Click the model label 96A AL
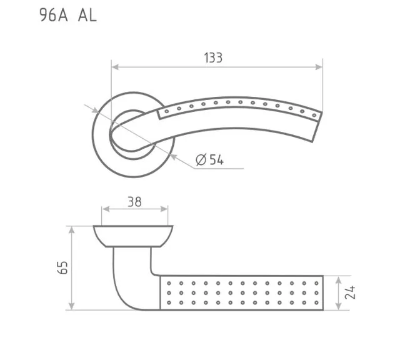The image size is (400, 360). pyautogui.click(x=68, y=15)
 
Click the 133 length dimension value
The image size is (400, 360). pyautogui.click(x=213, y=57)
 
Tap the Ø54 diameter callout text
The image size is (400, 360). pyautogui.click(x=210, y=160)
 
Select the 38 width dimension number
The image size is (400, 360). pyautogui.click(x=134, y=202)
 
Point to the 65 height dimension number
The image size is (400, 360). pyautogui.click(x=62, y=267)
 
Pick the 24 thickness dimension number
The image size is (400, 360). pyautogui.click(x=350, y=292)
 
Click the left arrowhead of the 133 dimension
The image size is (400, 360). pyautogui.click(x=115, y=67)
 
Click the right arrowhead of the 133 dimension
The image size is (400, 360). pyautogui.click(x=319, y=67)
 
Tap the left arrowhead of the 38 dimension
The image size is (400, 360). pyautogui.click(x=106, y=209)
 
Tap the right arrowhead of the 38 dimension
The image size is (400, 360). pyautogui.click(x=164, y=209)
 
